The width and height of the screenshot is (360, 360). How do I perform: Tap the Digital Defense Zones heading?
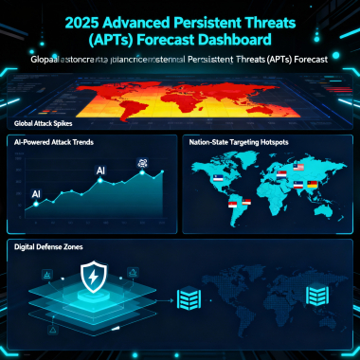[x=49, y=245]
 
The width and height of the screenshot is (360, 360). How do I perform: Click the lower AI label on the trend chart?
[x=36, y=193]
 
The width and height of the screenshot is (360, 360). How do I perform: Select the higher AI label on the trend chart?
[x=99, y=171]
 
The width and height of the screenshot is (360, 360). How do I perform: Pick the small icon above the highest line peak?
[x=142, y=162]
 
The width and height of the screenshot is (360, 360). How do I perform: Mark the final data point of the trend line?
[x=162, y=172]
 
